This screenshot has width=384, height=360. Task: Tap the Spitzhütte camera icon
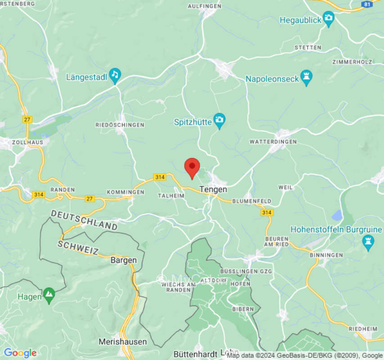[x=219, y=120]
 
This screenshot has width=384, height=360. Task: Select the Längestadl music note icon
[x=115, y=76]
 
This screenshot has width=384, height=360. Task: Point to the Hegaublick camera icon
[x=329, y=19]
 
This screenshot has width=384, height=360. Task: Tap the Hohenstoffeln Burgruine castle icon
[x=368, y=242]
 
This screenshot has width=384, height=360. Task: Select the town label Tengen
[x=213, y=189]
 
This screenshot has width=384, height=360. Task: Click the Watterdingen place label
[x=273, y=142]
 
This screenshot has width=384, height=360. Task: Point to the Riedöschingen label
[x=120, y=125]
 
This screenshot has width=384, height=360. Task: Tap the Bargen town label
[x=123, y=260]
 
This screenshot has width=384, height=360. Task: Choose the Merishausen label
[x=122, y=342]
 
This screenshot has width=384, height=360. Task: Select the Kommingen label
[x=126, y=192]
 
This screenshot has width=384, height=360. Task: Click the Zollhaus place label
[x=28, y=142]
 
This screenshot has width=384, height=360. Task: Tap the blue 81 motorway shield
[x=366, y=4]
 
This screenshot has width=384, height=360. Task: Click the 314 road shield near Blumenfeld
[x=267, y=212]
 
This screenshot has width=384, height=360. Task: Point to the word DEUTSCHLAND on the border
[x=84, y=220]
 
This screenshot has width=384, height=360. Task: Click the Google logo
[x=20, y=353]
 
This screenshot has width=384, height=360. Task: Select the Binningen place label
[x=326, y=255]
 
